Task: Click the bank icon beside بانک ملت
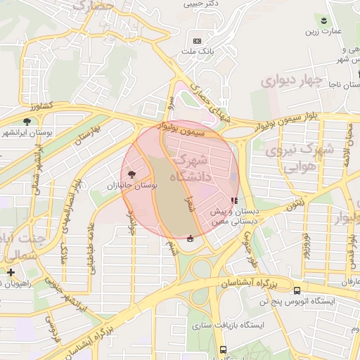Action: pyautogui.click(x=196, y=41)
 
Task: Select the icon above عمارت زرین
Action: pyautogui.click(x=323, y=20)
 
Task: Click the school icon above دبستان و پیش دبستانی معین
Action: pyautogui.click(x=233, y=202)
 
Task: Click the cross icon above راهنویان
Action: pyautogui.click(x=10, y=272)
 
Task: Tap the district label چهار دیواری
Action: pyautogui.click(x=292, y=80)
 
